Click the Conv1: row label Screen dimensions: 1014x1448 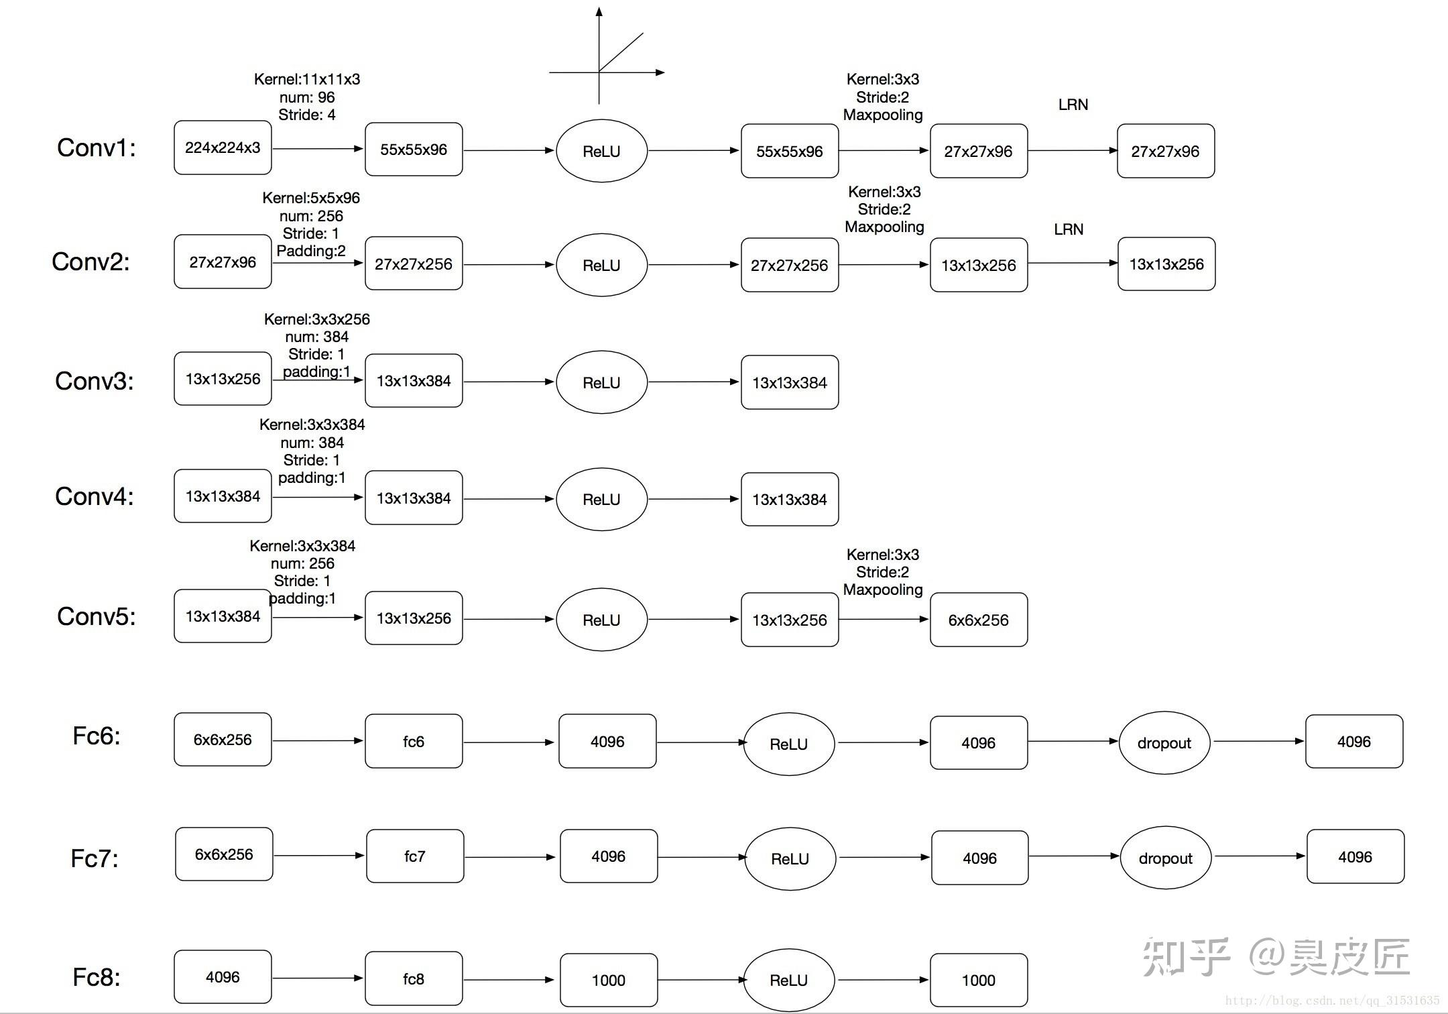tap(96, 148)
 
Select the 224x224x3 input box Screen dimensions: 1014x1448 tap(223, 148)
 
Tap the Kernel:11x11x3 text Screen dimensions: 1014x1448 tap(307, 79)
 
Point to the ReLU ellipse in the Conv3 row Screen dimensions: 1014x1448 tap(601, 382)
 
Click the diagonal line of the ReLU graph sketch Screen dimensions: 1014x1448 tap(621, 52)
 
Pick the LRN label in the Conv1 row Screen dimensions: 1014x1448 tap(1073, 105)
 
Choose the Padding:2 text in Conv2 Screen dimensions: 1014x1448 tap(311, 251)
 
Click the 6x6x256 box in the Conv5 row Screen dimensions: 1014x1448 tap(978, 620)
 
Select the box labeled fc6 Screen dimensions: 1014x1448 tap(414, 741)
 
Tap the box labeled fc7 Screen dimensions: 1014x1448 tap(415, 856)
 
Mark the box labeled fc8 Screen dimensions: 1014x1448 tap(414, 979)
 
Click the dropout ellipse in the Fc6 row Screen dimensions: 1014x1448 tap(1164, 743)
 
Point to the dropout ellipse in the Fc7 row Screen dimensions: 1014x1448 tap(1166, 858)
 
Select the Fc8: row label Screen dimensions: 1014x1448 tap(96, 978)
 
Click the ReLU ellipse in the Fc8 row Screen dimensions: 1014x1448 tap(789, 980)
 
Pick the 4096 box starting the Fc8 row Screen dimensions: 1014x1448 tap(223, 977)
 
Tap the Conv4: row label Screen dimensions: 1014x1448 tap(94, 496)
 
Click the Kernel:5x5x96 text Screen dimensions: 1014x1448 tap(311, 198)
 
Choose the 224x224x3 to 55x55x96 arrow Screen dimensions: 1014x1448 tap(318, 148)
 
